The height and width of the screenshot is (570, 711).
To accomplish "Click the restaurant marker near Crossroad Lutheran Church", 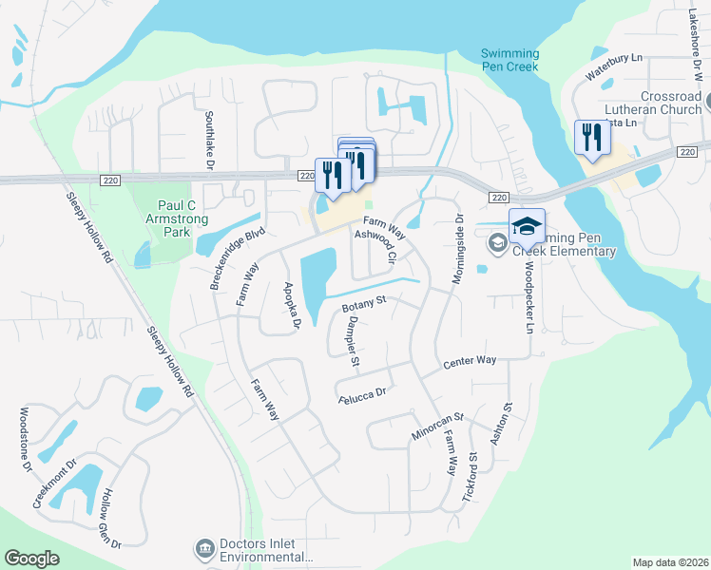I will tap(590, 139).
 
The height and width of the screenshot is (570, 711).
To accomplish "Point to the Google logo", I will tap(31, 559).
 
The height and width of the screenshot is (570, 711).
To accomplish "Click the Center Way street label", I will tap(470, 362).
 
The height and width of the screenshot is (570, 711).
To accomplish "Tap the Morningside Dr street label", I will tap(458, 239).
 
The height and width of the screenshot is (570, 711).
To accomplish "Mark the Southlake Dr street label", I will tap(208, 139).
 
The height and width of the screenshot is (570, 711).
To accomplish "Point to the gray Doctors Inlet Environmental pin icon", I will tap(204, 548).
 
